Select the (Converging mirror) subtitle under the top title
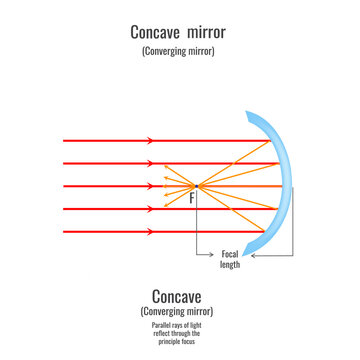point(179,51)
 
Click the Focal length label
point(230,260)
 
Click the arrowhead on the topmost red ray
point(150,141)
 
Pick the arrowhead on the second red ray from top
point(150,163)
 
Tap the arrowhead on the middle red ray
point(150,186)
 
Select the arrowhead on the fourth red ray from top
point(150,209)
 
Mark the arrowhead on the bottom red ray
point(150,232)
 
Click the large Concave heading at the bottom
point(179,297)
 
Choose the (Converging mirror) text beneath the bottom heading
point(179,312)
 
